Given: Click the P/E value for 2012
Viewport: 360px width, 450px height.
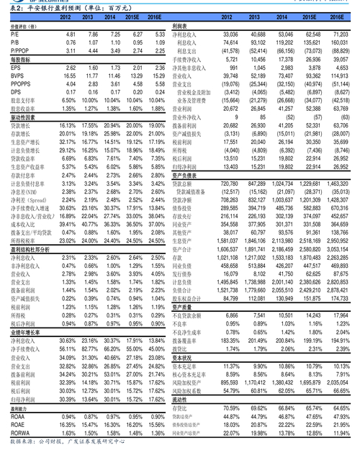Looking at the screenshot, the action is tap(71, 34).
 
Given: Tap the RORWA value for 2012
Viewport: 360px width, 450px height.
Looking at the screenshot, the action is tap(70, 433).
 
